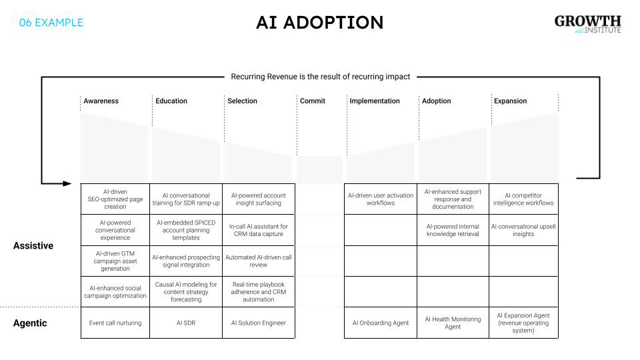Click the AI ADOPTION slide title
coord(319,23)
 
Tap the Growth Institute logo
coord(587,25)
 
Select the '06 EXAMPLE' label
coord(51,23)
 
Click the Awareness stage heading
coord(101,101)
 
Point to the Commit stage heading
coord(313,101)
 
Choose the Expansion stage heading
coord(510,101)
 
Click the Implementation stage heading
coord(375,101)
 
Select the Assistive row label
coord(33,246)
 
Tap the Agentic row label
coord(31,323)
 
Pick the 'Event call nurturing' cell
coord(115,323)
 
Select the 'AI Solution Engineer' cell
coord(258,323)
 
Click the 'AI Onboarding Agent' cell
coord(381,323)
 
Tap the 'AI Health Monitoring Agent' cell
coord(453,323)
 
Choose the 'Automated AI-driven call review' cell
coord(258,261)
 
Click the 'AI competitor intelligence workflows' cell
coord(523,199)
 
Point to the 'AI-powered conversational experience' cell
coord(115,230)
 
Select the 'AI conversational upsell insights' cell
coord(523,230)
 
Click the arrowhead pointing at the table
coord(67,183)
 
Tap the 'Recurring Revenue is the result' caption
coord(321,77)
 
